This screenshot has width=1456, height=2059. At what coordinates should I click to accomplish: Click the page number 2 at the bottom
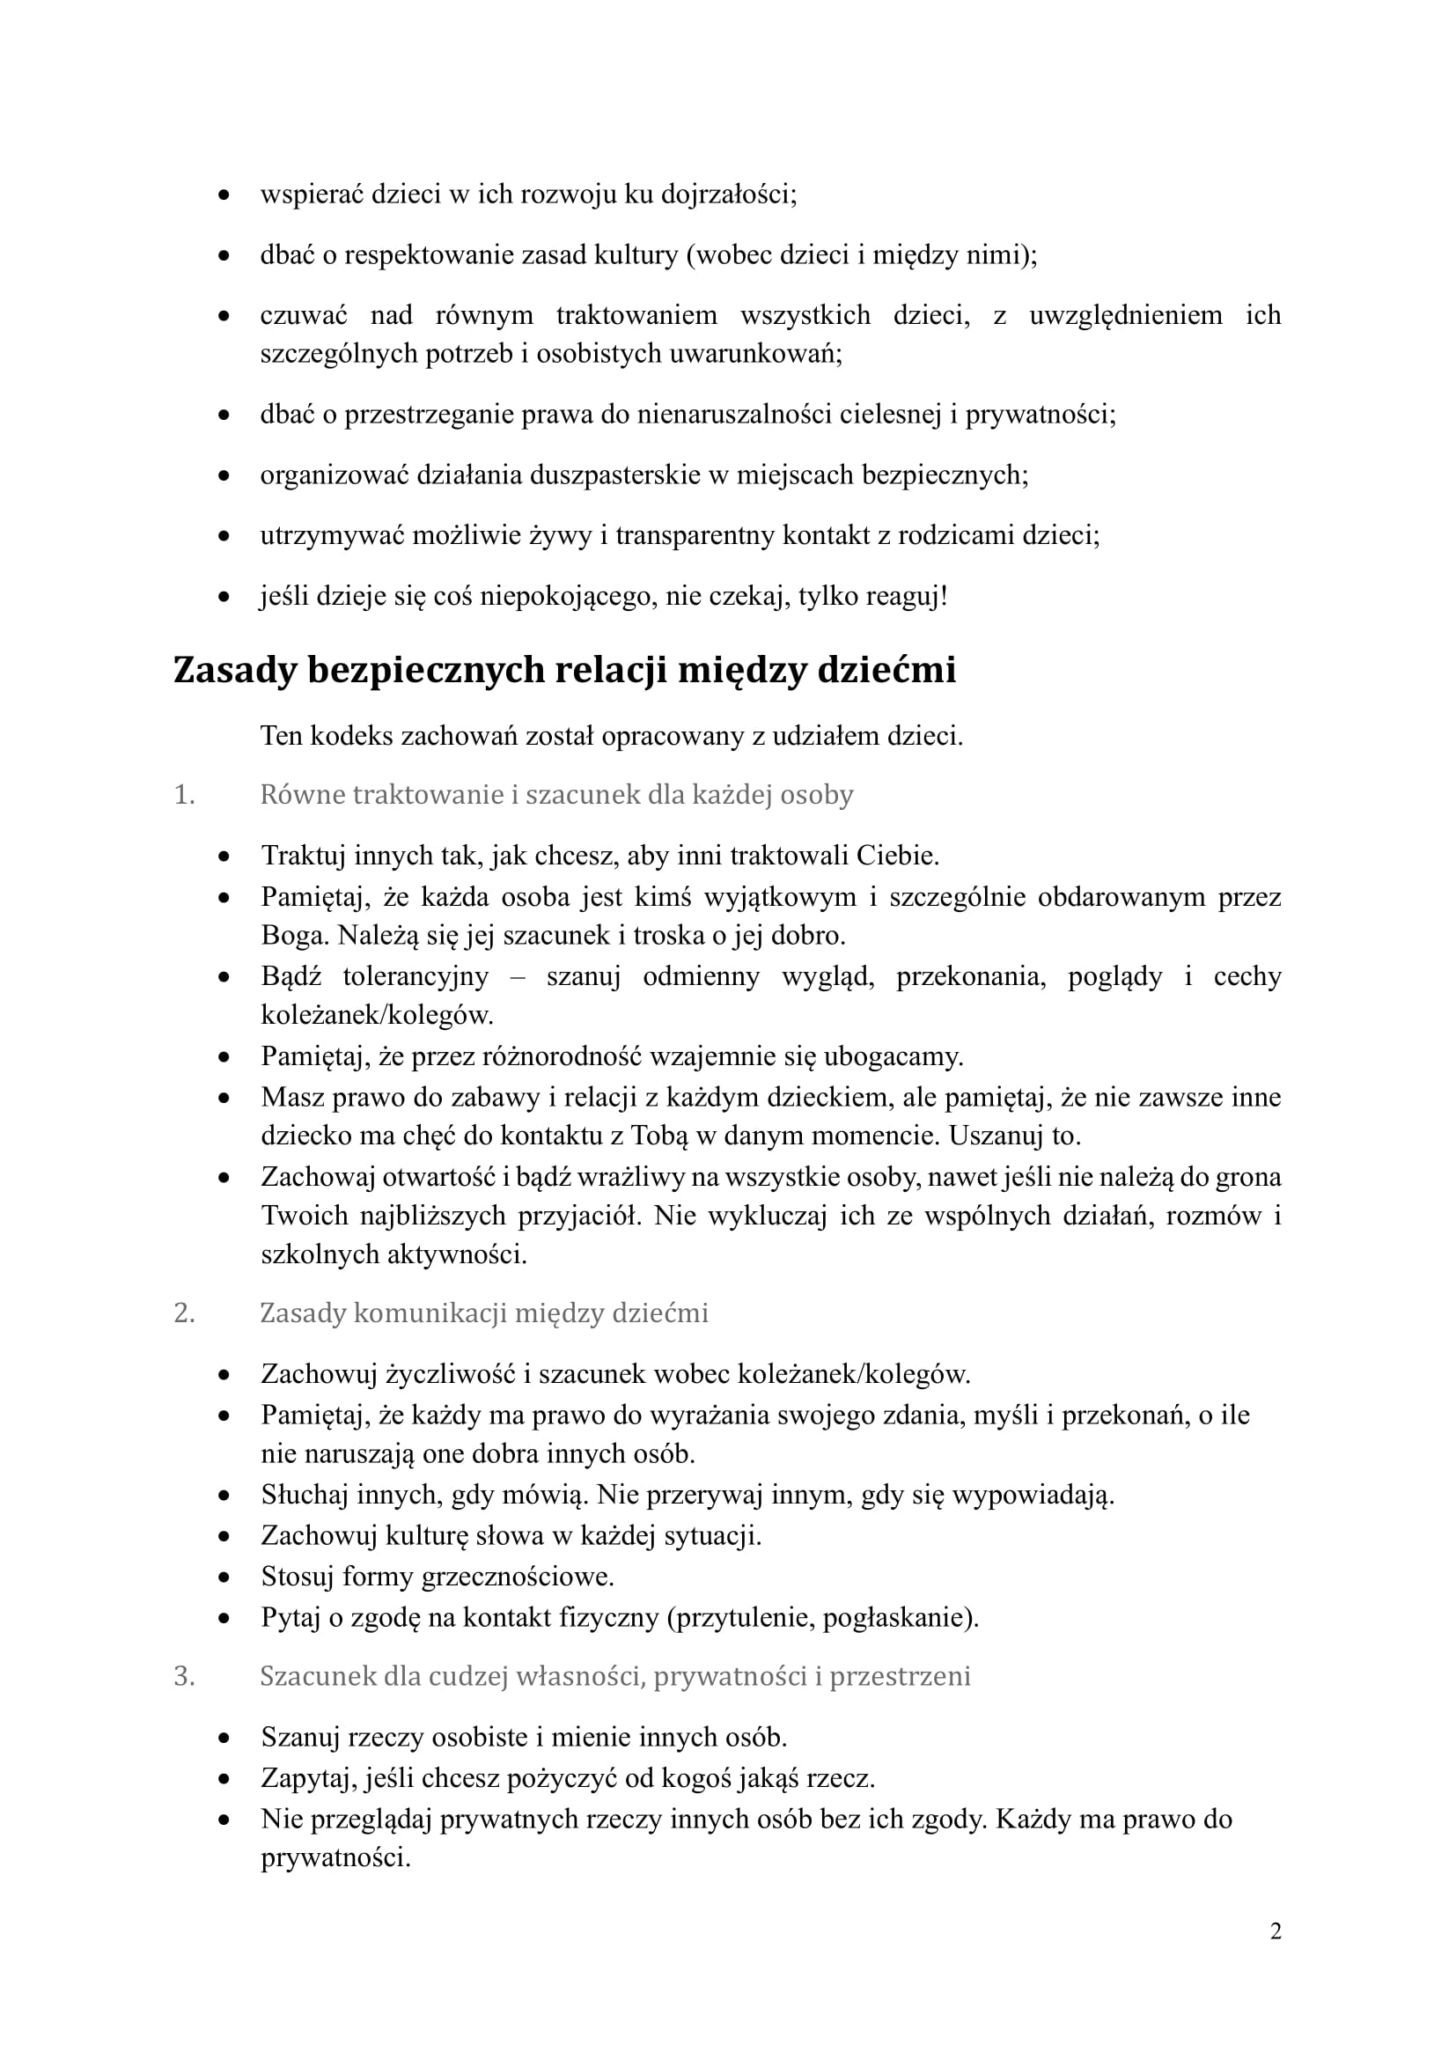[x=1275, y=1930]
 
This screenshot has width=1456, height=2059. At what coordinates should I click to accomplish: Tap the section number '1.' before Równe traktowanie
[x=184, y=795]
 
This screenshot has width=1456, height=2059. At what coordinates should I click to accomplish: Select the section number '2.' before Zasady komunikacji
[x=184, y=1313]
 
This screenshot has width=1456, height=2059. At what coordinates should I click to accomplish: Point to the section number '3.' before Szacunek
[x=184, y=1676]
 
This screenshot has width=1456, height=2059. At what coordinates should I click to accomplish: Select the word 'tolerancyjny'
[x=415, y=975]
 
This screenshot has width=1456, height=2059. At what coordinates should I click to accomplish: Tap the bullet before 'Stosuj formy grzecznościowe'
[x=224, y=1577]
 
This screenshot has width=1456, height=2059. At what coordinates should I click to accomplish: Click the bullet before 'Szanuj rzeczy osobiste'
[x=224, y=1738]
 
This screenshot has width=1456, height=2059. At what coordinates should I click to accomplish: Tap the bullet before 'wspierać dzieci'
[x=224, y=195]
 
